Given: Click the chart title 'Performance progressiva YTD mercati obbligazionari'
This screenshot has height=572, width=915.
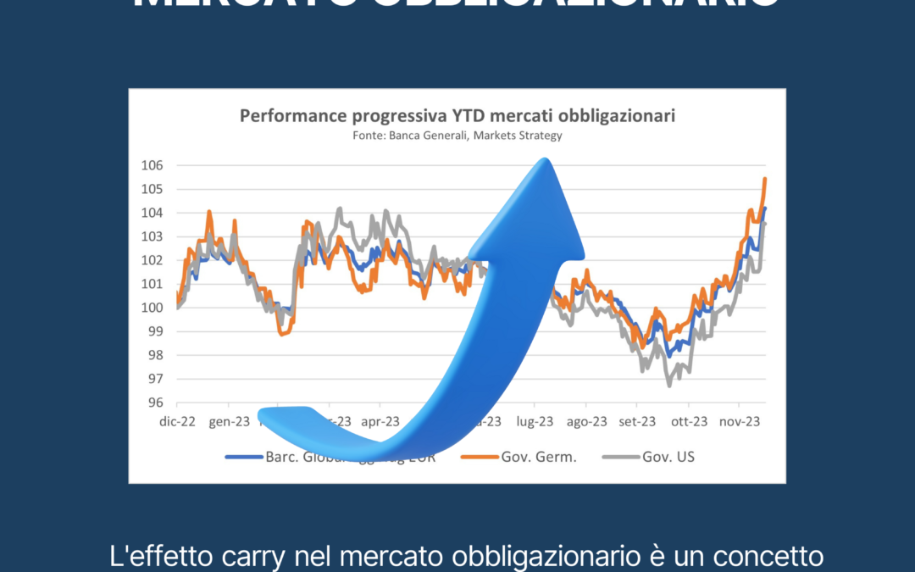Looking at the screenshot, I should [x=457, y=115].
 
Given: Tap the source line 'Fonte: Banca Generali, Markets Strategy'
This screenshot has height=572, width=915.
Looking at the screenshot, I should [x=457, y=135].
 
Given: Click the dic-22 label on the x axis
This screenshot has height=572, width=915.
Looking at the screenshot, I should [x=176, y=420].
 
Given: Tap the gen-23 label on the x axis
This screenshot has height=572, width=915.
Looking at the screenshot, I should [x=228, y=420].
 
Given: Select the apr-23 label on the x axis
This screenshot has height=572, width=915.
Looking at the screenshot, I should [x=380, y=420].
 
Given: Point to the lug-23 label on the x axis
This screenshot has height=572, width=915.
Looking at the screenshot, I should [x=535, y=420].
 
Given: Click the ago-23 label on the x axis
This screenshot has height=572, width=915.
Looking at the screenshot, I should [x=586, y=420].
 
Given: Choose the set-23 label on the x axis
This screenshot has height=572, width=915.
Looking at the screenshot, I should [x=638, y=420].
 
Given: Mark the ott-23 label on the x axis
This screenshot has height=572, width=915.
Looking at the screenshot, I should [x=690, y=420].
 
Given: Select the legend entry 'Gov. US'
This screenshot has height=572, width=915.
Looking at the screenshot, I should [x=667, y=457].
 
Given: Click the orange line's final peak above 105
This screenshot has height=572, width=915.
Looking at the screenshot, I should [x=765, y=178].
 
